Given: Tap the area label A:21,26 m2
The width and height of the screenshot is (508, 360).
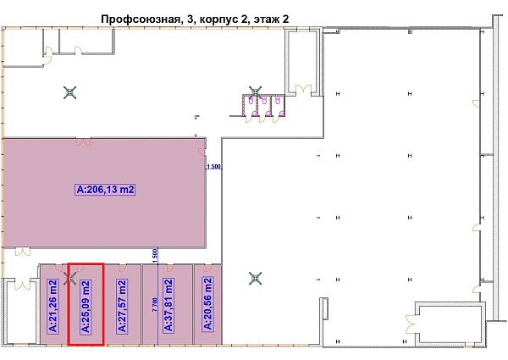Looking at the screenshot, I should click(54, 304).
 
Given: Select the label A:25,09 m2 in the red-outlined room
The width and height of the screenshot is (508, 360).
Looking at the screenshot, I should click(85, 304).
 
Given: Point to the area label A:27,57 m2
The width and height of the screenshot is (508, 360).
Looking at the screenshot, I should click(123, 304).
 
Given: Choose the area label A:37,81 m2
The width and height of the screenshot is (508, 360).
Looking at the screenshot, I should click(168, 304).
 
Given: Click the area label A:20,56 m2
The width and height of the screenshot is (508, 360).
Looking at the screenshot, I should click(207, 304).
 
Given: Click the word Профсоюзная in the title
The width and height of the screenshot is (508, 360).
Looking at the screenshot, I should click(140, 18).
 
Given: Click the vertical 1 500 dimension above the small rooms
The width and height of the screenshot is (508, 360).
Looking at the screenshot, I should click(155, 253).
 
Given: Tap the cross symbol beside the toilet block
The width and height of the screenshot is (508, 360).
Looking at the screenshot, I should click(256, 91).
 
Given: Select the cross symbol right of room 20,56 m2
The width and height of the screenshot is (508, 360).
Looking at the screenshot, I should click(255, 277).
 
